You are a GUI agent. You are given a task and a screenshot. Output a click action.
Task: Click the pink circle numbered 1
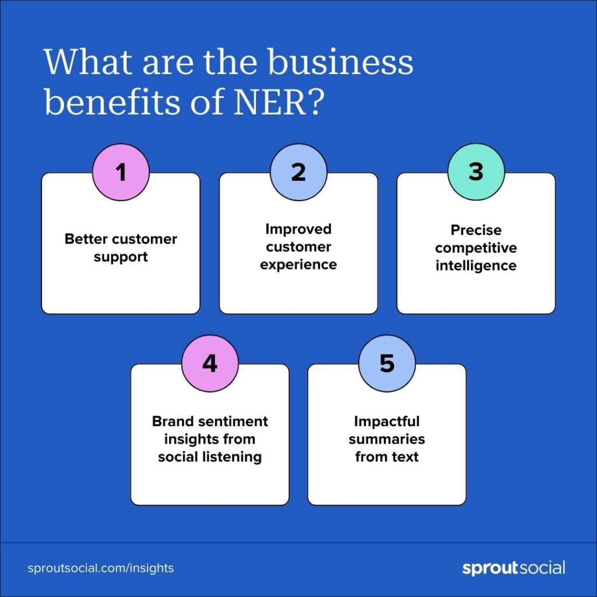coord(121,173)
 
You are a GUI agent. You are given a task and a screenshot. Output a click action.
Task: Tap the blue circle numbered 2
coord(298,173)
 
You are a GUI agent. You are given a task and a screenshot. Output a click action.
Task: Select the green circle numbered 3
coord(476,173)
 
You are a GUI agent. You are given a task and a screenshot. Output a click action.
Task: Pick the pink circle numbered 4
coord(210,363)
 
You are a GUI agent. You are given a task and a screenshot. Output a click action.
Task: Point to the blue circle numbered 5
coord(387,363)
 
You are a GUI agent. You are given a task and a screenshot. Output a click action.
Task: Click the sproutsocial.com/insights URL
coord(101,568)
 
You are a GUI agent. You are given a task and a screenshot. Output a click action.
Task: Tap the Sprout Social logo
coord(514,568)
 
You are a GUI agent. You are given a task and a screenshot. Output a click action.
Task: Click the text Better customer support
coord(121,248)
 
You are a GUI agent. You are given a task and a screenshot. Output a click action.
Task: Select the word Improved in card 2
coord(298,229)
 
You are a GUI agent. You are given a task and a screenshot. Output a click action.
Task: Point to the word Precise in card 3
coord(476,230)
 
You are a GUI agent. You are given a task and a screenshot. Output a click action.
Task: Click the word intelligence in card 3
coord(476,266)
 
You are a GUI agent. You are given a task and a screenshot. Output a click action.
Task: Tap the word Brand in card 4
coord(173,421)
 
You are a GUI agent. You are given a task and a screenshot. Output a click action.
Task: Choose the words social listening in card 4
coord(210,456)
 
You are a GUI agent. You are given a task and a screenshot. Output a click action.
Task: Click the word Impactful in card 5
coord(387,421)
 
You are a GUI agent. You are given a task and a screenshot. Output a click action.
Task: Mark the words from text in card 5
coord(387,456)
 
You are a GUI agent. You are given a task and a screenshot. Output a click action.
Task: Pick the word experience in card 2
coord(298,265)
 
